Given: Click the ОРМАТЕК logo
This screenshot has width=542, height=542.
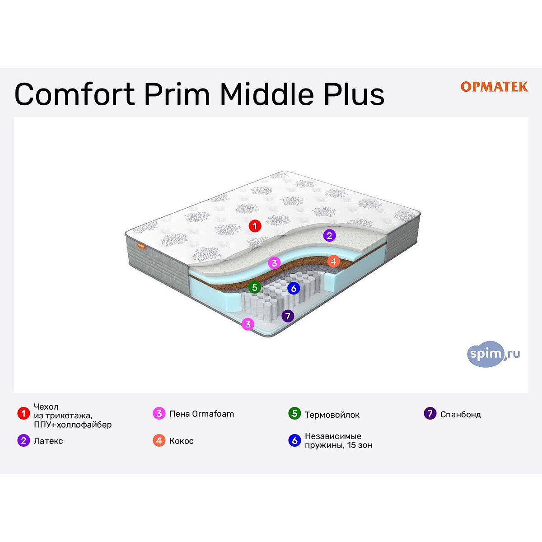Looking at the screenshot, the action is (x=494, y=87).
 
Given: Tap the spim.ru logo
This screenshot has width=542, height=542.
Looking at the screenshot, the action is (x=493, y=354).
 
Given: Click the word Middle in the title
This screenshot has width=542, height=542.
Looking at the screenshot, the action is (x=266, y=93).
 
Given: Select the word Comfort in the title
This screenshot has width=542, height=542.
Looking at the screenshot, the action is (x=75, y=93).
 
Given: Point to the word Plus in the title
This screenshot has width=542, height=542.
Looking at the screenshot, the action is (x=354, y=93).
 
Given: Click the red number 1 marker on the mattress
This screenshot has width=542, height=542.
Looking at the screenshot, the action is (x=255, y=226).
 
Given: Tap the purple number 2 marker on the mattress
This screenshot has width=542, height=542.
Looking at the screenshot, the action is (x=329, y=235).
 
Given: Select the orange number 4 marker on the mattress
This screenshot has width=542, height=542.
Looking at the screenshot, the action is (x=333, y=262).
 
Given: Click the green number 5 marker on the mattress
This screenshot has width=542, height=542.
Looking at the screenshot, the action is (x=255, y=287).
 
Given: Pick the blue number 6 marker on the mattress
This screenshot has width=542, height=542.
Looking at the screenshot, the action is (x=294, y=288).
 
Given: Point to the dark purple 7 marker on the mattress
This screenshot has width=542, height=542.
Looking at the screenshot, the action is (x=288, y=316).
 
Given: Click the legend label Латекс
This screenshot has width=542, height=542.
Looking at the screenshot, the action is (x=48, y=441).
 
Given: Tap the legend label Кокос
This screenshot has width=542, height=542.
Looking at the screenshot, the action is (x=182, y=441).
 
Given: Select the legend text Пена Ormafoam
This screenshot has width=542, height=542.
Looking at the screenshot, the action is (x=201, y=414).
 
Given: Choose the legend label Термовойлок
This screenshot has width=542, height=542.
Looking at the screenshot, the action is (x=332, y=415).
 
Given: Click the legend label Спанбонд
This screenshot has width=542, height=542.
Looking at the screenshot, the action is (x=461, y=415).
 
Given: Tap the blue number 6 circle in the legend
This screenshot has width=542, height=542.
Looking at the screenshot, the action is (x=294, y=440).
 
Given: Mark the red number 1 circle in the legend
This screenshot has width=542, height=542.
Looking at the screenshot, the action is (x=23, y=413).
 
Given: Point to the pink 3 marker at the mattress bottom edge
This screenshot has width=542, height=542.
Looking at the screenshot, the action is (x=248, y=324).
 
